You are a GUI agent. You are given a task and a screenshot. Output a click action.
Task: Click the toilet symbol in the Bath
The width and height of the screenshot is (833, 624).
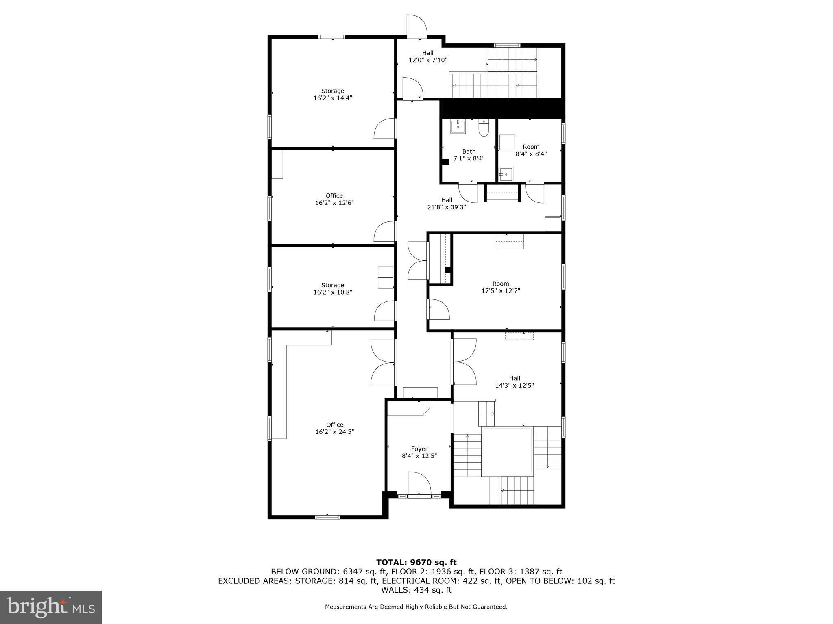pyautogui.click(x=484, y=128)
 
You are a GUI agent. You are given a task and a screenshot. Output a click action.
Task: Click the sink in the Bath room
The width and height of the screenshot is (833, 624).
pyautogui.click(x=458, y=127)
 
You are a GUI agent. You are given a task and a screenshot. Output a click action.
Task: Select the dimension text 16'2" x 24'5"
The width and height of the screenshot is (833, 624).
pyautogui.click(x=334, y=432)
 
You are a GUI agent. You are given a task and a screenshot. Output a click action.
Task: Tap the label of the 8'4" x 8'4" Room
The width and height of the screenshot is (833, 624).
pyautogui.click(x=531, y=150)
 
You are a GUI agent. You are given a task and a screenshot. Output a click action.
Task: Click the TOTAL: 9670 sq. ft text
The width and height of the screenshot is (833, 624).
pyautogui.click(x=416, y=562)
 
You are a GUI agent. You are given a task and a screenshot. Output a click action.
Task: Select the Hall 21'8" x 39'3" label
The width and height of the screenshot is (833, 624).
pyautogui.click(x=447, y=203)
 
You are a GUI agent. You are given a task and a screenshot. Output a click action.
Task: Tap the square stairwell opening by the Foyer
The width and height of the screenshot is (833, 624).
pyautogui.click(x=507, y=451)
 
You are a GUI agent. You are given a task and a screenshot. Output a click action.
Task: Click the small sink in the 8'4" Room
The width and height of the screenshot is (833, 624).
pyautogui.click(x=506, y=174)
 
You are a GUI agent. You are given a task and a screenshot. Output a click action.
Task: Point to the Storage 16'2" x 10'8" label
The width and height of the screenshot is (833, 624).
pyautogui.click(x=332, y=288)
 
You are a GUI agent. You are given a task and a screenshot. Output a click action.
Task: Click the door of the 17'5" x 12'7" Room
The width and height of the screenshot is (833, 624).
pyautogui.click(x=438, y=310)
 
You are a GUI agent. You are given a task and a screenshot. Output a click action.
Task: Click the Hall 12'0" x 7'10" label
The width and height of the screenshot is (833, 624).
pyautogui.click(x=427, y=56)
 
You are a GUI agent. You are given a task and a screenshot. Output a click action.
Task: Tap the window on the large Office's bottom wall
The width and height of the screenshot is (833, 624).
pyautogui.click(x=327, y=517)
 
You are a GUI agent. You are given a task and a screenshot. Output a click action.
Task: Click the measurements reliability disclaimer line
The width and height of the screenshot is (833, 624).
pyautogui.click(x=416, y=607)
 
